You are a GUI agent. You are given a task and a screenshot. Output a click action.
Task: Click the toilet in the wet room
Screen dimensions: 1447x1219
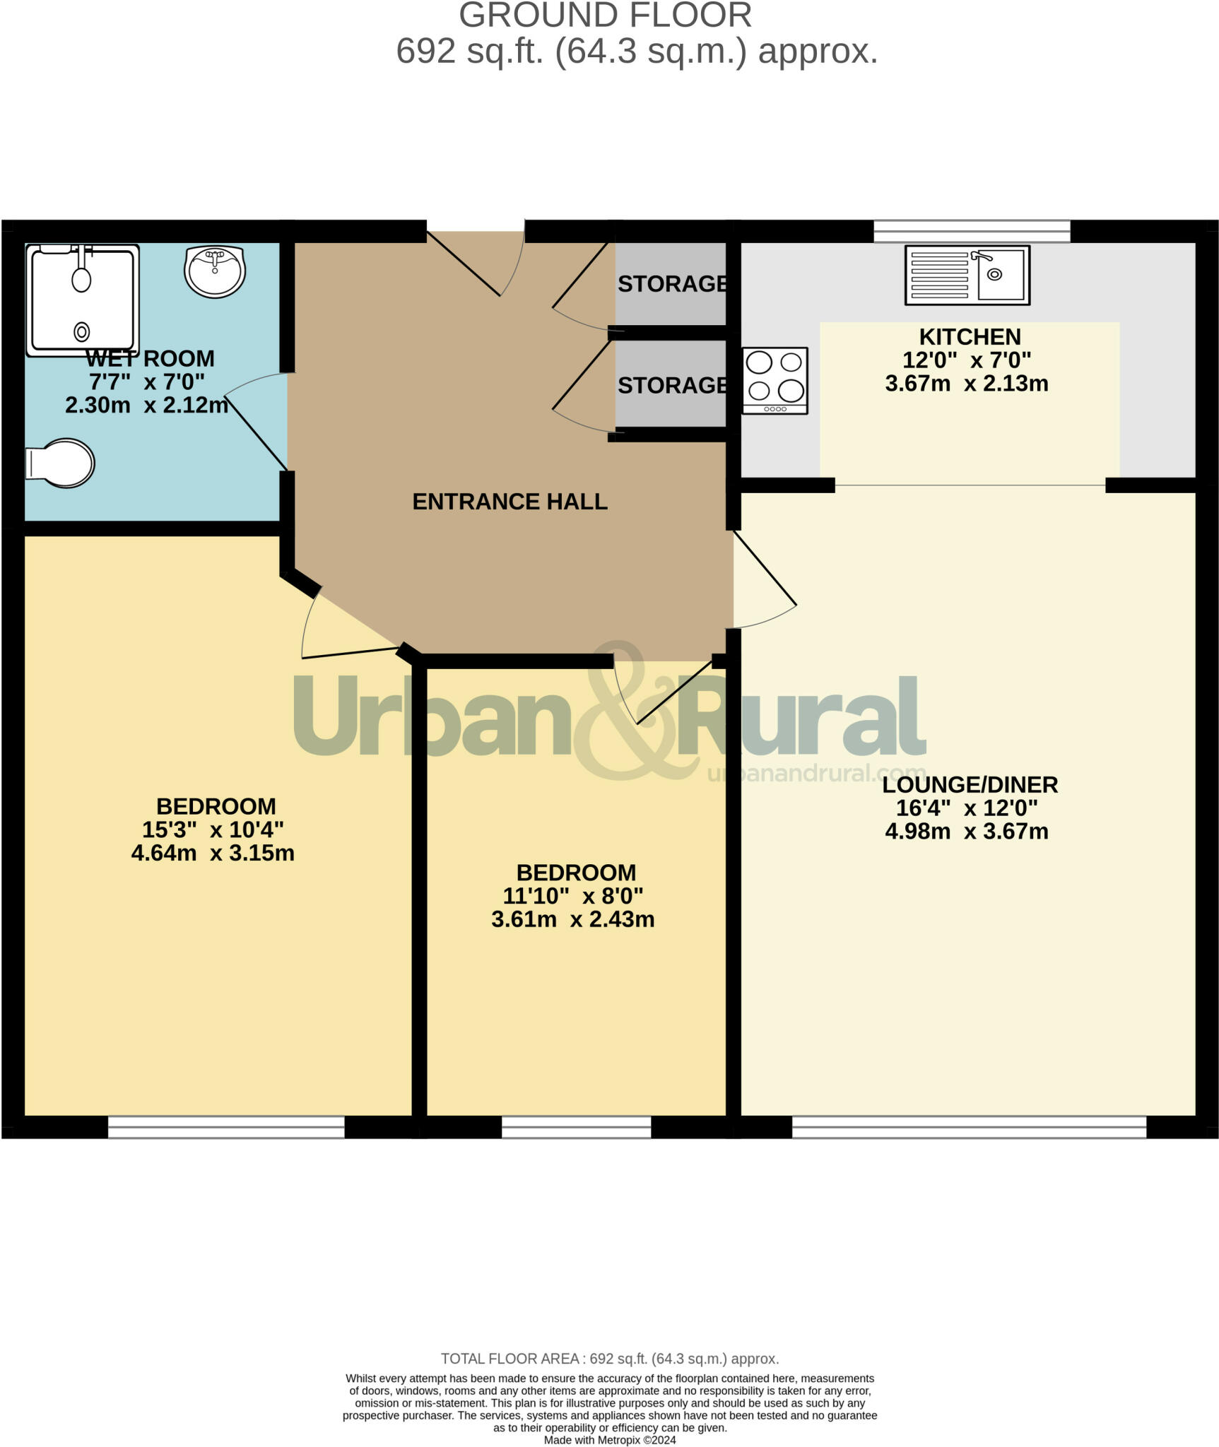[x=61, y=463]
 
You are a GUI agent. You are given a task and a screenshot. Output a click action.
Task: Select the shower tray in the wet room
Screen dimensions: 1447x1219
[x=82, y=300]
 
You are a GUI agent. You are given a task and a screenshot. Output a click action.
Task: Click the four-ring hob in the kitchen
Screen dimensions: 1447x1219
[x=775, y=380]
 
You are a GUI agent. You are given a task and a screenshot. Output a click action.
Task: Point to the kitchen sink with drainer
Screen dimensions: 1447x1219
[x=967, y=275]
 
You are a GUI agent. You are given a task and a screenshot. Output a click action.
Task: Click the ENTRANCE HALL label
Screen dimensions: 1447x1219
[x=510, y=502]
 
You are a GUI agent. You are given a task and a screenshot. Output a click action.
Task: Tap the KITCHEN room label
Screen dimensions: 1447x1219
[x=970, y=337]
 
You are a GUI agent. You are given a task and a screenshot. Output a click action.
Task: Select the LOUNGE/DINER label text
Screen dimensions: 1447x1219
[x=970, y=784]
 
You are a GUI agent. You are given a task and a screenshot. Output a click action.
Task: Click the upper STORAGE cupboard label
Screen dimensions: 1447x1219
[x=672, y=284]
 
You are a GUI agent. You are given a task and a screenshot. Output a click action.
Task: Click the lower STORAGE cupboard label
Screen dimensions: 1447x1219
[x=672, y=386]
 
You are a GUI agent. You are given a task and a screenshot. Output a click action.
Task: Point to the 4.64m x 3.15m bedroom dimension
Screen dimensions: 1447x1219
[x=213, y=853]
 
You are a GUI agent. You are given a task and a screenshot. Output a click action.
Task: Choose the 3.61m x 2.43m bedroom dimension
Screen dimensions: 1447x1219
[x=572, y=919]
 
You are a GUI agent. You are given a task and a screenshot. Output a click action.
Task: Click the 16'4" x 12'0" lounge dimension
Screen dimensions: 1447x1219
[x=967, y=808]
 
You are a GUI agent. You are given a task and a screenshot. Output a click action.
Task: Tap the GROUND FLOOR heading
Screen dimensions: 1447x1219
[x=605, y=16]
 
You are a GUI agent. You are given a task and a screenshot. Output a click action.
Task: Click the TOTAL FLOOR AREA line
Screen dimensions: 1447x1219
[x=609, y=1359]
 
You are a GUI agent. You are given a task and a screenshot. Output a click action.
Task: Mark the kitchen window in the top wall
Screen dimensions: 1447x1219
[x=972, y=231]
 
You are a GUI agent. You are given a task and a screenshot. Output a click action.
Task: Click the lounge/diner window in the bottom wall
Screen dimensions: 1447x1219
[x=968, y=1127]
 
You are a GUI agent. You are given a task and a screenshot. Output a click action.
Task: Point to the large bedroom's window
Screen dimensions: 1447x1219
[x=226, y=1127]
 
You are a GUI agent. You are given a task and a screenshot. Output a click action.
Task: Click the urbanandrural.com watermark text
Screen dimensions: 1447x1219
[x=816, y=774]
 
